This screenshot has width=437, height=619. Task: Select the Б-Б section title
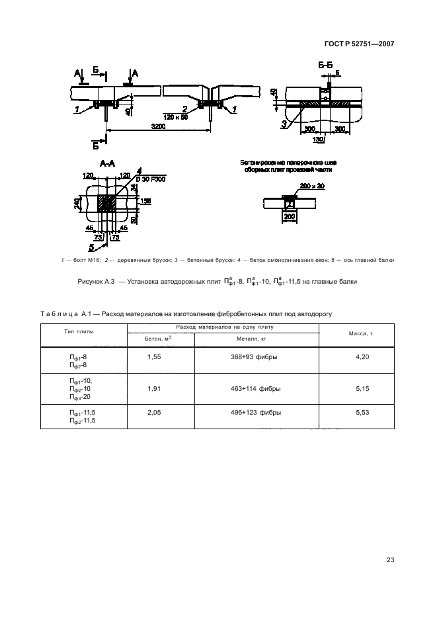(325, 65)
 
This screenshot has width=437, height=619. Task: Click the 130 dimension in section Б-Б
(318, 140)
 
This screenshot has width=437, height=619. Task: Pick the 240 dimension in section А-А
(77, 204)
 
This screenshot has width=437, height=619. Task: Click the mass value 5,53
(361, 413)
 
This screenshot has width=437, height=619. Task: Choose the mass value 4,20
(361, 356)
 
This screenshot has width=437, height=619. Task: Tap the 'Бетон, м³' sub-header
(159, 338)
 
